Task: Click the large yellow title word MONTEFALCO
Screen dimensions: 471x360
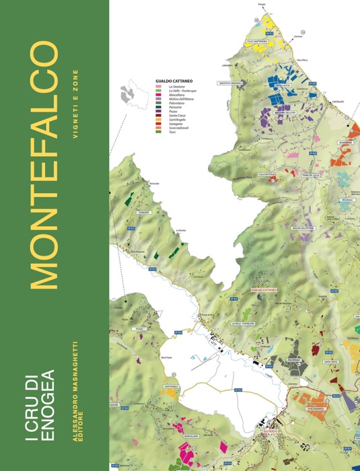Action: tap(43, 165)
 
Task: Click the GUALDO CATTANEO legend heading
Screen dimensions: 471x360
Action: tap(174, 80)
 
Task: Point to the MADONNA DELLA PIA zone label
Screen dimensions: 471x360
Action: tap(285, 112)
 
